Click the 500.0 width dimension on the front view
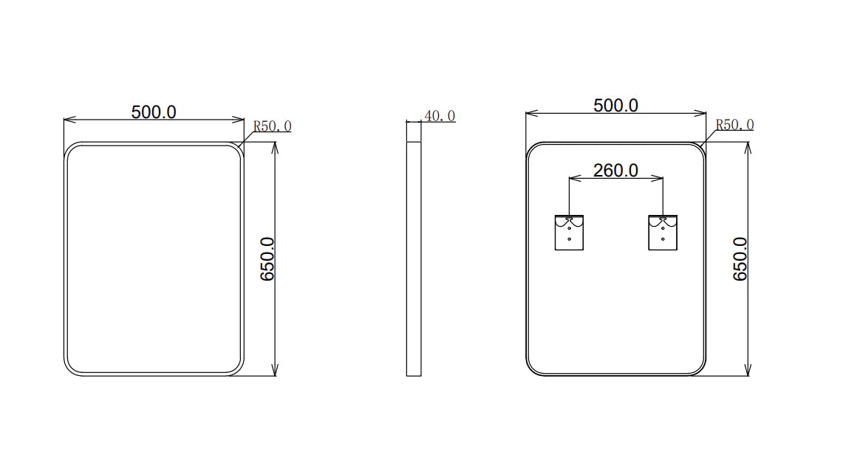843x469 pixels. pyautogui.click(x=154, y=112)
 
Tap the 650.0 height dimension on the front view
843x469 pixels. pyautogui.click(x=267, y=259)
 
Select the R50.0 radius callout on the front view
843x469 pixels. pyautogui.click(x=272, y=126)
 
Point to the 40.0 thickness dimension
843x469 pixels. pyautogui.click(x=439, y=116)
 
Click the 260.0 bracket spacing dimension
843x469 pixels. pyautogui.click(x=615, y=171)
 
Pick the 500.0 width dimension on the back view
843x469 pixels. pyautogui.click(x=615, y=106)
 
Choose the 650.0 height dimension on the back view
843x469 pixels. pyautogui.click(x=740, y=259)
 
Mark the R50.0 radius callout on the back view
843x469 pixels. pyautogui.click(x=734, y=125)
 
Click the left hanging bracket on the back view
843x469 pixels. pyautogui.click(x=569, y=232)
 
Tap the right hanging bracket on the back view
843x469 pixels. pyautogui.click(x=663, y=232)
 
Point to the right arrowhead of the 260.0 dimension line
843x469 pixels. pyautogui.click(x=661, y=179)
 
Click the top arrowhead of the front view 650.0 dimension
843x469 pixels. pyautogui.click(x=275, y=146)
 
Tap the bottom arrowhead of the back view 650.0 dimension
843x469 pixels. pyautogui.click(x=748, y=372)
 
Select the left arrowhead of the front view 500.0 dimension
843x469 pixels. pyautogui.click(x=67, y=119)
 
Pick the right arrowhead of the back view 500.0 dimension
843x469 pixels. pyautogui.click(x=703, y=113)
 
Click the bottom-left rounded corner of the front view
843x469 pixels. pyautogui.click(x=72, y=368)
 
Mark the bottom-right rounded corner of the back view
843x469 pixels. pyautogui.click(x=698, y=368)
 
